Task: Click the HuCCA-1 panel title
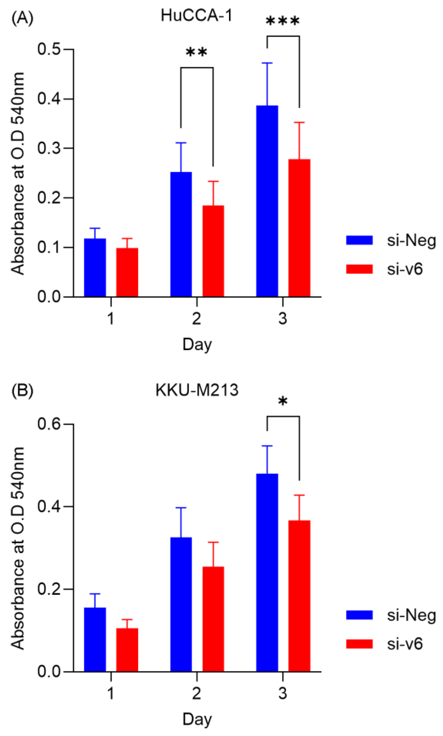196,15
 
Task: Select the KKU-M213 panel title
197,390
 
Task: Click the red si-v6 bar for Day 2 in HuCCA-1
213,251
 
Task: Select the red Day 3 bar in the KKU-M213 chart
299,596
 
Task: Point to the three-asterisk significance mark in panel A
282,22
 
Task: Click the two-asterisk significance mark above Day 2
196,53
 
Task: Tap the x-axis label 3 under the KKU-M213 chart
283,694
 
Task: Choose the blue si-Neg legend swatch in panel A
359,240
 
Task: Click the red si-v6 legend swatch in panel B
359,644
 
